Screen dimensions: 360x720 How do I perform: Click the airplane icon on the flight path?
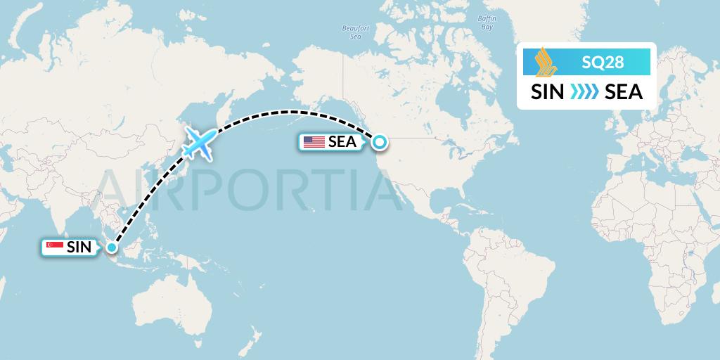198,143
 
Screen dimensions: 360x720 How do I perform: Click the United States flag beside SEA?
314,142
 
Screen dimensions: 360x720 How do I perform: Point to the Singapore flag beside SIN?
53,247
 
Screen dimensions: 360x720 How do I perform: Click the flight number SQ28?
603,63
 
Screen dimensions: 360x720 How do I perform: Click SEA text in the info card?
623,92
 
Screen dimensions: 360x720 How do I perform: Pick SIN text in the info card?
547,92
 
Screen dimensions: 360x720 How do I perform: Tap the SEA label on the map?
342,142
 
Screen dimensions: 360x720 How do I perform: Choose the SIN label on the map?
78,247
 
